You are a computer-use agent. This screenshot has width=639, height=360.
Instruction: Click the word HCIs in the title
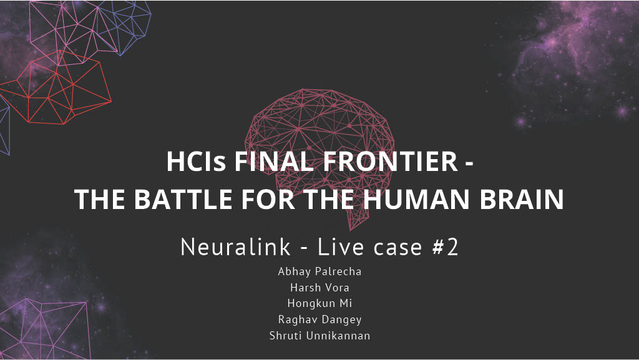pos(195,161)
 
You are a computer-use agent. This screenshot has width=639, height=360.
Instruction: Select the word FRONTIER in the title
pos(391,161)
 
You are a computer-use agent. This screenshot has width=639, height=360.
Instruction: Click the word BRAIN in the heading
pos(522,199)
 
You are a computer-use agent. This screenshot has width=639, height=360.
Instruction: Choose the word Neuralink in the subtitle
pos(235,247)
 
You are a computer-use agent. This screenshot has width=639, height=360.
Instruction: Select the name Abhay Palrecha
pos(319,271)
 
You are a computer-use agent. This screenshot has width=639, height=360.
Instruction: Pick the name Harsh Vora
pos(319,288)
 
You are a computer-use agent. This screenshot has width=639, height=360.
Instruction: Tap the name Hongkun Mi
pos(319,303)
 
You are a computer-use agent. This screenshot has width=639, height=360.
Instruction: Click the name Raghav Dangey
pos(319,319)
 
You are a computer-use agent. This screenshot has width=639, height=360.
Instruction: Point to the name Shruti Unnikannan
pos(319,336)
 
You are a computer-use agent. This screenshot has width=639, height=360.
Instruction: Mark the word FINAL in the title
pos(274,161)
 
